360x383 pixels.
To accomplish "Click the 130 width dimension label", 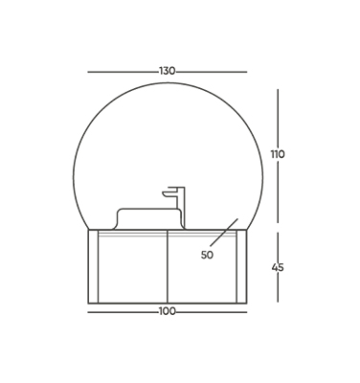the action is point(168,71).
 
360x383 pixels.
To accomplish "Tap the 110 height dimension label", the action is point(278,154).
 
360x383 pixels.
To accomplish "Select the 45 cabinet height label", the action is point(278,267).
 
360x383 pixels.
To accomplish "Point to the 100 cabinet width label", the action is point(168,311).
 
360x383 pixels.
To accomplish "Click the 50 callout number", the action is point(207,255).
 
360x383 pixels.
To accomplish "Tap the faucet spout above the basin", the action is point(169,194).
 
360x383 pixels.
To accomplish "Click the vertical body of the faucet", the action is point(181,208).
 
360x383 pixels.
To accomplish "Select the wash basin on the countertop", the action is point(147,218).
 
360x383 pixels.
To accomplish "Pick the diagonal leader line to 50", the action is point(224,233).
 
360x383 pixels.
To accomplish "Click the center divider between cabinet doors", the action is point(168,266).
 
